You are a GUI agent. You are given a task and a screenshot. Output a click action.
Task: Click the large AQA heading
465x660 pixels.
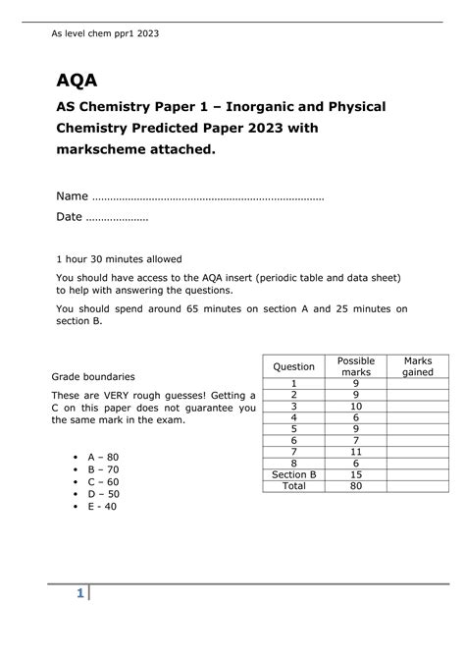click(x=77, y=79)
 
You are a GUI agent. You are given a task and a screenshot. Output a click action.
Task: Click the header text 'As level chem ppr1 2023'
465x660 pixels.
click(x=105, y=33)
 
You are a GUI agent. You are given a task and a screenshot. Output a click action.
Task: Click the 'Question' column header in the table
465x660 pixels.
click(x=293, y=366)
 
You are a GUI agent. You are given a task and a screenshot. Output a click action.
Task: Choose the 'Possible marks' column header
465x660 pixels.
click(x=355, y=366)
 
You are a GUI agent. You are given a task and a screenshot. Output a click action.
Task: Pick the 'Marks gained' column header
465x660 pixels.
click(x=417, y=366)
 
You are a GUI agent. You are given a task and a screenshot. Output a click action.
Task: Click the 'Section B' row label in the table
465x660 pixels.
click(x=293, y=473)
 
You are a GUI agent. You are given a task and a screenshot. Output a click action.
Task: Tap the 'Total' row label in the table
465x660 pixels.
click(x=293, y=485)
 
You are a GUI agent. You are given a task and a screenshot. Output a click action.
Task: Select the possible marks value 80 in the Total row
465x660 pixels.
click(x=355, y=485)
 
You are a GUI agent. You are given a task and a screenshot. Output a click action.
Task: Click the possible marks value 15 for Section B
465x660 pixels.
click(x=355, y=473)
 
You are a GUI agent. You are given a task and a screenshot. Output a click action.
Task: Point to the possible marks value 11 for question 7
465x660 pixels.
click(x=355, y=451)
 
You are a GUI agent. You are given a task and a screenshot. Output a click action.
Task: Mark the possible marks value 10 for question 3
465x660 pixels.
click(x=355, y=406)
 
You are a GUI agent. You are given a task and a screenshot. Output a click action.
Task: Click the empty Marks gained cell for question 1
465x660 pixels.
click(x=417, y=383)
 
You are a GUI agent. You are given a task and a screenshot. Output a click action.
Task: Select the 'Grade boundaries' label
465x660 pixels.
click(x=93, y=376)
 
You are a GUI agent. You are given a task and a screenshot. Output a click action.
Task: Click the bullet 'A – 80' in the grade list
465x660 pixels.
click(x=103, y=458)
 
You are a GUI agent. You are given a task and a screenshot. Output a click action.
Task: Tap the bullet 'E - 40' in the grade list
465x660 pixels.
click(x=102, y=507)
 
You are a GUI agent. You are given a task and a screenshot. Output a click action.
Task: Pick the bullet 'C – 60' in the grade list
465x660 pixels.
click(x=103, y=482)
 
